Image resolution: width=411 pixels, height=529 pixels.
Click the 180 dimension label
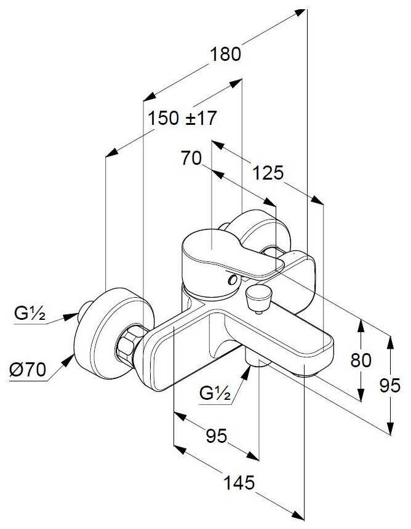pos(226,54)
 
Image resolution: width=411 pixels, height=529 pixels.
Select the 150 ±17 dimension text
pos(183,118)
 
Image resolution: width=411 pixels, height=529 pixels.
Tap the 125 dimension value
pos(268,173)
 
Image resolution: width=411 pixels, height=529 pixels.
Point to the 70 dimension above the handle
pos(191,159)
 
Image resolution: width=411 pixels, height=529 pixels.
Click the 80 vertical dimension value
pos(361,360)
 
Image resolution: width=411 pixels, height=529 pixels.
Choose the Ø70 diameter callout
pos(28,370)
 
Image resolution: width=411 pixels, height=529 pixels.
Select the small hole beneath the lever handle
pos(231,280)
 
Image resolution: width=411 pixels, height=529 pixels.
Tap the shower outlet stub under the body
pos(256,357)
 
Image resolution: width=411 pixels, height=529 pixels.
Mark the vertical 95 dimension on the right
pos(390,386)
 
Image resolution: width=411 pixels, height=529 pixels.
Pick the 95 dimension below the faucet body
pos(215,436)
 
